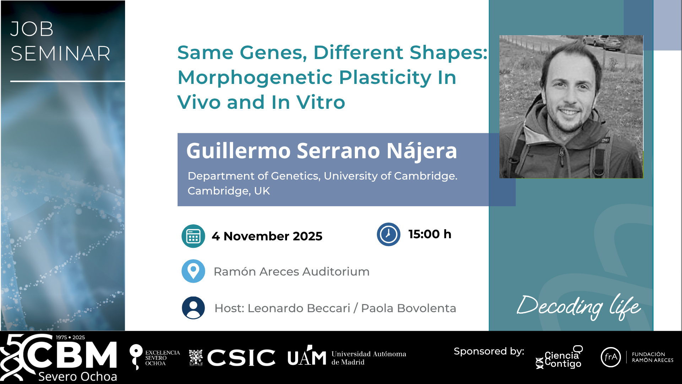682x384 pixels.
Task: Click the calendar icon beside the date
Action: tap(193, 236)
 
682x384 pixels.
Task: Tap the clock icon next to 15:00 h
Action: tap(389, 234)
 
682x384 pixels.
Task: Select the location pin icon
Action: tap(193, 271)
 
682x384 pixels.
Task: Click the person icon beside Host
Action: tap(193, 308)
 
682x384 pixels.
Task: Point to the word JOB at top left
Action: tap(32, 29)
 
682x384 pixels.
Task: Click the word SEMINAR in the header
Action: tap(60, 54)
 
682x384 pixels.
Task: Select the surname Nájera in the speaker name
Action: tap(422, 151)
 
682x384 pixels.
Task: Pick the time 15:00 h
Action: tap(430, 234)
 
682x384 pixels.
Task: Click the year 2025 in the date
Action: tap(308, 236)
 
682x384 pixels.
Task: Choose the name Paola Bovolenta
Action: tap(408, 308)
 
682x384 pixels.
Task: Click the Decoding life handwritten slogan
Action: tap(579, 306)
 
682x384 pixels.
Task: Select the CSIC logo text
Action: tap(241, 357)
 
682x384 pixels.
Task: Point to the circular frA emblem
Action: tap(611, 357)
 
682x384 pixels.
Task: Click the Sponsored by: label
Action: tap(489, 351)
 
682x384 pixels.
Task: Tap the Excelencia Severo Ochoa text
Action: tap(162, 358)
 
